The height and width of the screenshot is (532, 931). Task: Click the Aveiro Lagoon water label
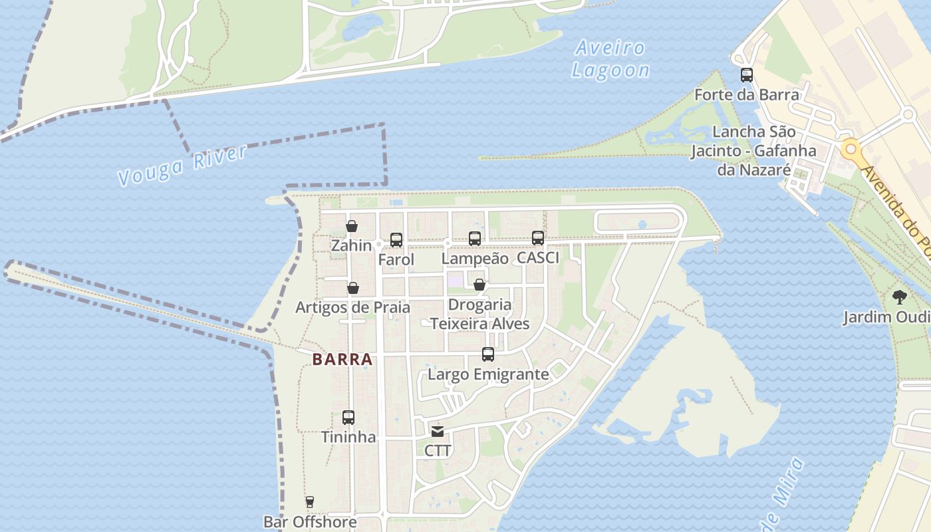(610, 59)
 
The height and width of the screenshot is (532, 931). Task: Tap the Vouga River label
(182, 165)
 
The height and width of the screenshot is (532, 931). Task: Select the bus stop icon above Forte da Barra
(747, 75)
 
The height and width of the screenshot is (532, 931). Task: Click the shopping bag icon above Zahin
(352, 226)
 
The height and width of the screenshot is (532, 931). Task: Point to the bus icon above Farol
(396, 240)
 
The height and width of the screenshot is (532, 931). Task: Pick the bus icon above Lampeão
(475, 239)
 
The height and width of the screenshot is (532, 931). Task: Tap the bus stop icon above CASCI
(538, 238)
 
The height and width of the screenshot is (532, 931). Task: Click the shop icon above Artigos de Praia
(353, 288)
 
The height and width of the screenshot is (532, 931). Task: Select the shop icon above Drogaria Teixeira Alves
(479, 285)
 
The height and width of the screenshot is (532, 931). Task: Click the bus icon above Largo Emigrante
(488, 354)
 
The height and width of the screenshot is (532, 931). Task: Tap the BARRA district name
(342, 360)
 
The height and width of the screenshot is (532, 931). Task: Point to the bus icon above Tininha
(348, 418)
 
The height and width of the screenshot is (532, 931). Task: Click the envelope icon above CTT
(438, 432)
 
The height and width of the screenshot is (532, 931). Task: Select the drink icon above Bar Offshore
(309, 502)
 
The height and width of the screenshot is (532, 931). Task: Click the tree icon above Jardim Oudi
(900, 297)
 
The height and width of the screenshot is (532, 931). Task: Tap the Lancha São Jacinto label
(753, 151)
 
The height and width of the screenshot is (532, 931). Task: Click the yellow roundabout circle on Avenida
(849, 148)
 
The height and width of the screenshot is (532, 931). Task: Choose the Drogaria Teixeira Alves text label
(480, 315)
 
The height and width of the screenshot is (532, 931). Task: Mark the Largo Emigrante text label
(488, 374)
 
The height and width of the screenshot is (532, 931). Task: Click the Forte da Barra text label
(746, 95)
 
